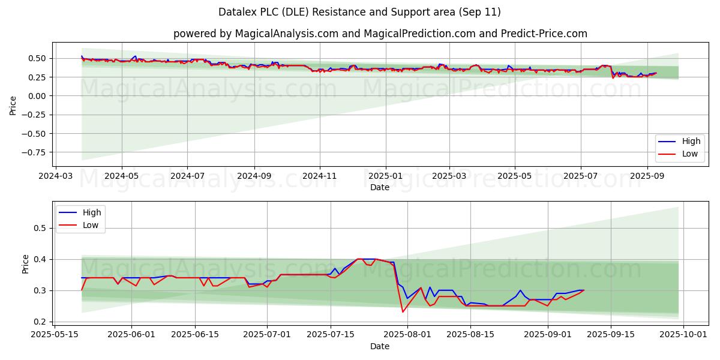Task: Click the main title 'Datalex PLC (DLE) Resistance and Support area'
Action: pyautogui.click(x=360, y=12)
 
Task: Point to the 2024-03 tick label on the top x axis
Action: pyautogui.click(x=56, y=177)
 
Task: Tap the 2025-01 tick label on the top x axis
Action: pyautogui.click(x=385, y=177)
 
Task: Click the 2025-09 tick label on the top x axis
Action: pyautogui.click(x=647, y=177)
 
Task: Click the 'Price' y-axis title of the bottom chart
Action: pyautogui.click(x=25, y=264)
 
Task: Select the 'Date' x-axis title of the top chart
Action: pyautogui.click(x=380, y=188)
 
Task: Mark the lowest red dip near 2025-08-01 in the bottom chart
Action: pyautogui.click(x=403, y=312)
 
